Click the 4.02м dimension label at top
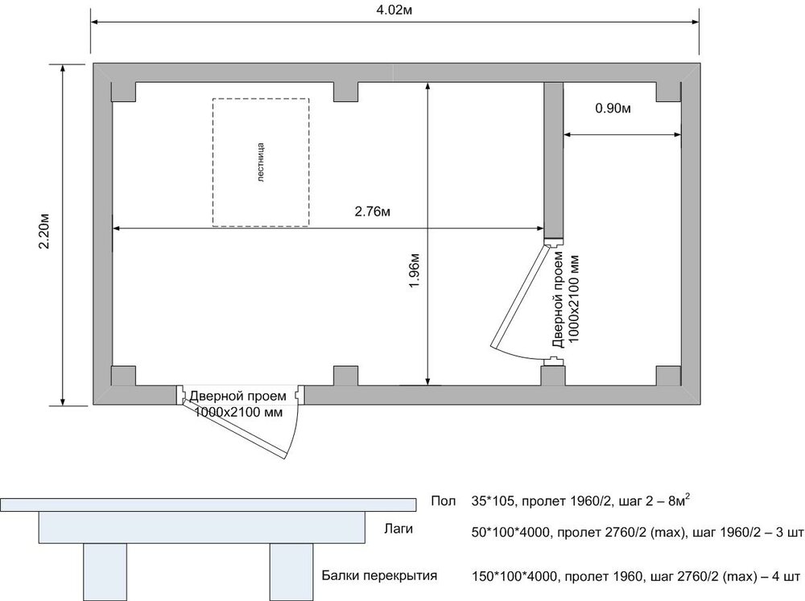[394, 10]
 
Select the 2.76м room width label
[372, 212]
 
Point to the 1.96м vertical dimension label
[415, 270]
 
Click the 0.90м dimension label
[613, 109]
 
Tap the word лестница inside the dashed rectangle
[260, 163]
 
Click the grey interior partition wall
[554, 160]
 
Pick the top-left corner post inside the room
[123, 92]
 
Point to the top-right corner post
[669, 92]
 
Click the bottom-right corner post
[669, 376]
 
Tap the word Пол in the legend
[443, 501]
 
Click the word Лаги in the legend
[398, 529]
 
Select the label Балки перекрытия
[379, 575]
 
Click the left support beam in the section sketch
[105, 572]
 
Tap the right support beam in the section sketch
[291, 572]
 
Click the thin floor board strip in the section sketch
[208, 504]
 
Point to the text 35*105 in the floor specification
[493, 501]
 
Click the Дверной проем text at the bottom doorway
[237, 396]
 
